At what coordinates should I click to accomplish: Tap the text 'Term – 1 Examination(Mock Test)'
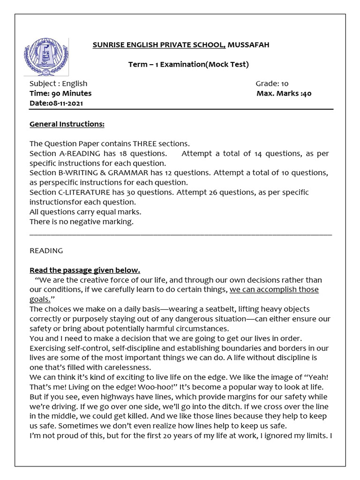click(x=188, y=64)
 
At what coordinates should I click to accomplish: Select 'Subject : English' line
click(x=59, y=83)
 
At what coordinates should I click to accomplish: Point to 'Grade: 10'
click(x=272, y=83)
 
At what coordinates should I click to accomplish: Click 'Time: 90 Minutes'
click(x=60, y=93)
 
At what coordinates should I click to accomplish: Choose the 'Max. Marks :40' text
click(x=284, y=93)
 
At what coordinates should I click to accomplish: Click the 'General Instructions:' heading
click(x=67, y=124)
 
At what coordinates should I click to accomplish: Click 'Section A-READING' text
click(x=65, y=153)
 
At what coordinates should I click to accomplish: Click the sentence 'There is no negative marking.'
click(x=82, y=222)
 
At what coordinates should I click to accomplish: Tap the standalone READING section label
click(x=46, y=251)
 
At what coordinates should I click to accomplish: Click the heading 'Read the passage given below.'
click(x=85, y=270)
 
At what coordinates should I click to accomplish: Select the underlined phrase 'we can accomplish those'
click(x=274, y=290)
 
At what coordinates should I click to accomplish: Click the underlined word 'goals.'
click(x=40, y=300)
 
